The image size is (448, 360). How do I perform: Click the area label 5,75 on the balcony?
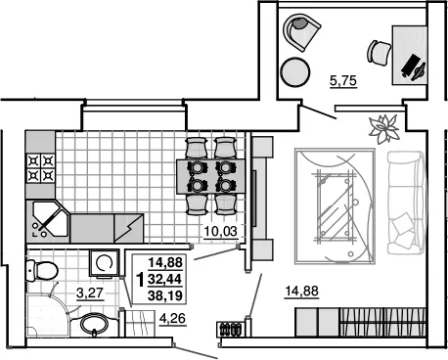pyautogui.click(x=343, y=80)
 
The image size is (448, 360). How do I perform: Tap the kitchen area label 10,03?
pyautogui.click(x=220, y=231)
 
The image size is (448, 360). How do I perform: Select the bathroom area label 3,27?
pyautogui.click(x=90, y=292)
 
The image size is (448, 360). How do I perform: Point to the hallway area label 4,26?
pyautogui.click(x=172, y=318)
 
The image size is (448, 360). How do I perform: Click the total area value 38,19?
pyautogui.click(x=165, y=295)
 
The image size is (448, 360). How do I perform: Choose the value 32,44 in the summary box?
pyautogui.click(x=165, y=279)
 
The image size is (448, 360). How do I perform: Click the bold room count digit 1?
pyautogui.click(x=140, y=280)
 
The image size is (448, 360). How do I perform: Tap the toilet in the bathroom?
pyautogui.click(x=42, y=270)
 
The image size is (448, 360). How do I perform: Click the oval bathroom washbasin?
pyautogui.click(x=94, y=324)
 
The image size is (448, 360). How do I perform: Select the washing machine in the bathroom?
pyautogui.click(x=105, y=263)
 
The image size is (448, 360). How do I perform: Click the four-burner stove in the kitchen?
pyautogui.click(x=41, y=168)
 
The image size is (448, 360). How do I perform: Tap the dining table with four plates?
pyautogui.click(x=211, y=176)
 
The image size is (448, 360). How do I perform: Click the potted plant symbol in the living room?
pyautogui.click(x=384, y=129)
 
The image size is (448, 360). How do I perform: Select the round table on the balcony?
pyautogui.click(x=295, y=72)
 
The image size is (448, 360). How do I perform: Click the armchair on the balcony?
pyautogui.click(x=301, y=31)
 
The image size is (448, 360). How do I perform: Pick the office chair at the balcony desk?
pyautogui.click(x=380, y=52)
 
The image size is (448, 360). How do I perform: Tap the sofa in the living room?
pyautogui.click(x=406, y=202)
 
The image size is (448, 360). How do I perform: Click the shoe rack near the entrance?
pyautogui.click(x=230, y=329)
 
